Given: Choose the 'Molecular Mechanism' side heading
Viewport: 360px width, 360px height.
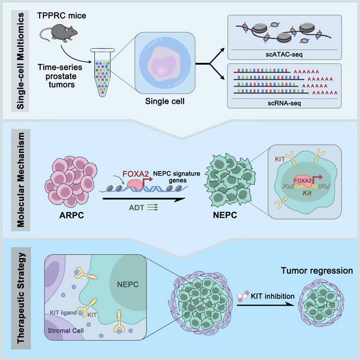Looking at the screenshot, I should point(20,182).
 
